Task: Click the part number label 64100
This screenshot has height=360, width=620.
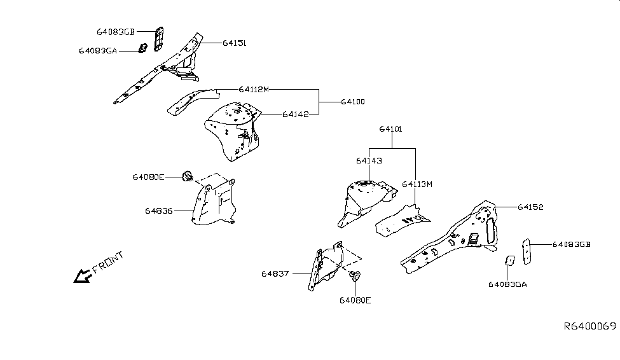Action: click(353, 102)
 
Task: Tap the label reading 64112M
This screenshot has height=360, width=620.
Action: click(254, 89)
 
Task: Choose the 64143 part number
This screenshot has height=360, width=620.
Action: click(369, 161)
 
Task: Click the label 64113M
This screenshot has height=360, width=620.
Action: click(417, 184)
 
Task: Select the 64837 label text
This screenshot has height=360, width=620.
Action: click(275, 274)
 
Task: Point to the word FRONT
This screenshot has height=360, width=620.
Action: click(108, 262)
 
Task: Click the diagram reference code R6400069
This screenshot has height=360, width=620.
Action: click(590, 326)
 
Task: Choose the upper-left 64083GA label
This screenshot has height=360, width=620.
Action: click(98, 50)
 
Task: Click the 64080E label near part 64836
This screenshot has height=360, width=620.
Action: click(148, 177)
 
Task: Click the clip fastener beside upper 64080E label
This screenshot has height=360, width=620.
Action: click(188, 176)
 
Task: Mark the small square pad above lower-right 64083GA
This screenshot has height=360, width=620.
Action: click(509, 261)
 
